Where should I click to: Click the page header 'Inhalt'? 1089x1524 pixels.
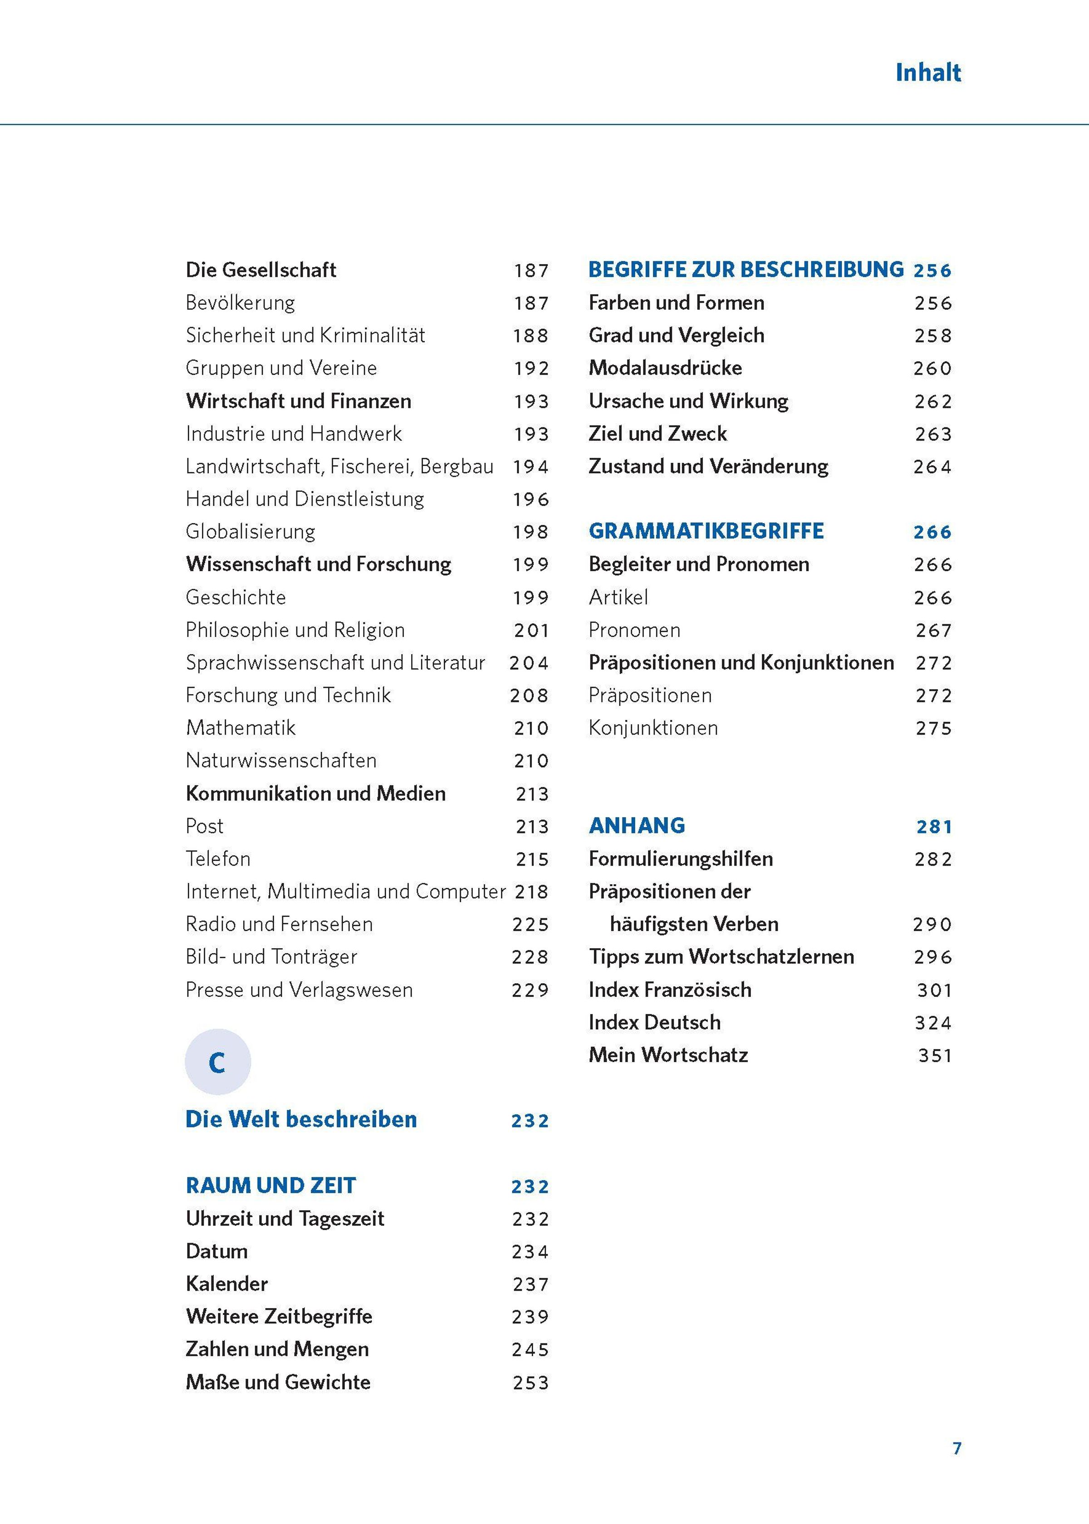(927, 73)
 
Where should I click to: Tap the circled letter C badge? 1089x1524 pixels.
(217, 1062)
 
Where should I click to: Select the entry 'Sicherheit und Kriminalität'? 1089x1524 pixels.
(305, 335)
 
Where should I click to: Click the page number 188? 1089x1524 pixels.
(530, 336)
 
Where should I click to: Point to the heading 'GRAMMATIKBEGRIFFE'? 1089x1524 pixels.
(706, 531)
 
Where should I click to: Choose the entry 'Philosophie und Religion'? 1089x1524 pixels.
(295, 630)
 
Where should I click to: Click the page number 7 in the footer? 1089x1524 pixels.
(957, 1448)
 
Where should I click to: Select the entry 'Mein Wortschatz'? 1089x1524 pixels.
(668, 1055)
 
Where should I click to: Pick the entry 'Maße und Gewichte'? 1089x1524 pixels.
(278, 1382)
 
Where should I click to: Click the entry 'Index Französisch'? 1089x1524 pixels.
(669, 990)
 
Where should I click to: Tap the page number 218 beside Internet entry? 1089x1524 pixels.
(531, 892)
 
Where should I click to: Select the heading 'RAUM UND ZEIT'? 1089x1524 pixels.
(270, 1186)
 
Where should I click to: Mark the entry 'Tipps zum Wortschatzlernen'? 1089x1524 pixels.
(721, 957)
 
